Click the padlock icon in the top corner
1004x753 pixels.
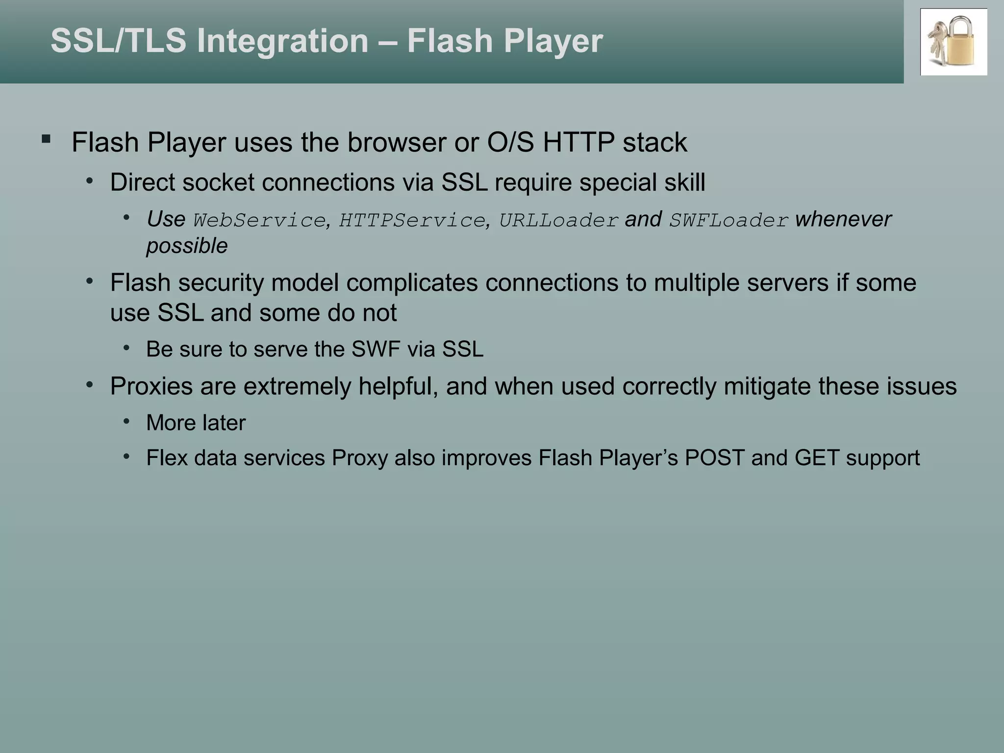[x=954, y=42]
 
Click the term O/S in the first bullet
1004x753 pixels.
[x=510, y=143]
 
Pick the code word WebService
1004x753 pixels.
[x=259, y=220]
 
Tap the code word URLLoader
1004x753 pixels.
[x=558, y=220]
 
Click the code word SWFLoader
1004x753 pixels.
[x=729, y=220]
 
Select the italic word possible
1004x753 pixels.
[x=187, y=246]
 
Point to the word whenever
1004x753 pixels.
[x=843, y=219]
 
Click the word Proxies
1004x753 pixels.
[x=151, y=386]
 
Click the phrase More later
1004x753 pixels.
[x=196, y=423]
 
